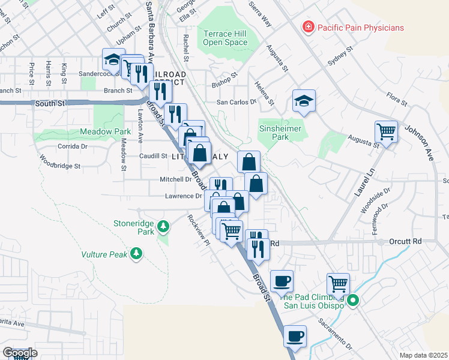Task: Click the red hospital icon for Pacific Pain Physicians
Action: point(308,27)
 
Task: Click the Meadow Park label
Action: point(106,131)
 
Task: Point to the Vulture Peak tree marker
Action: point(137,254)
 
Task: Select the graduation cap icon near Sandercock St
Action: point(112,59)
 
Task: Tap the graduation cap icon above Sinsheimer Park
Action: point(304,101)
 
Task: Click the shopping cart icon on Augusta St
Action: point(386,130)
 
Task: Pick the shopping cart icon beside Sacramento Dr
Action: point(338,283)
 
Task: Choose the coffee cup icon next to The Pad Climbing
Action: point(281,281)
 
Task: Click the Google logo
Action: point(20,352)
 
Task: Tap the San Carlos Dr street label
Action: point(236,102)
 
